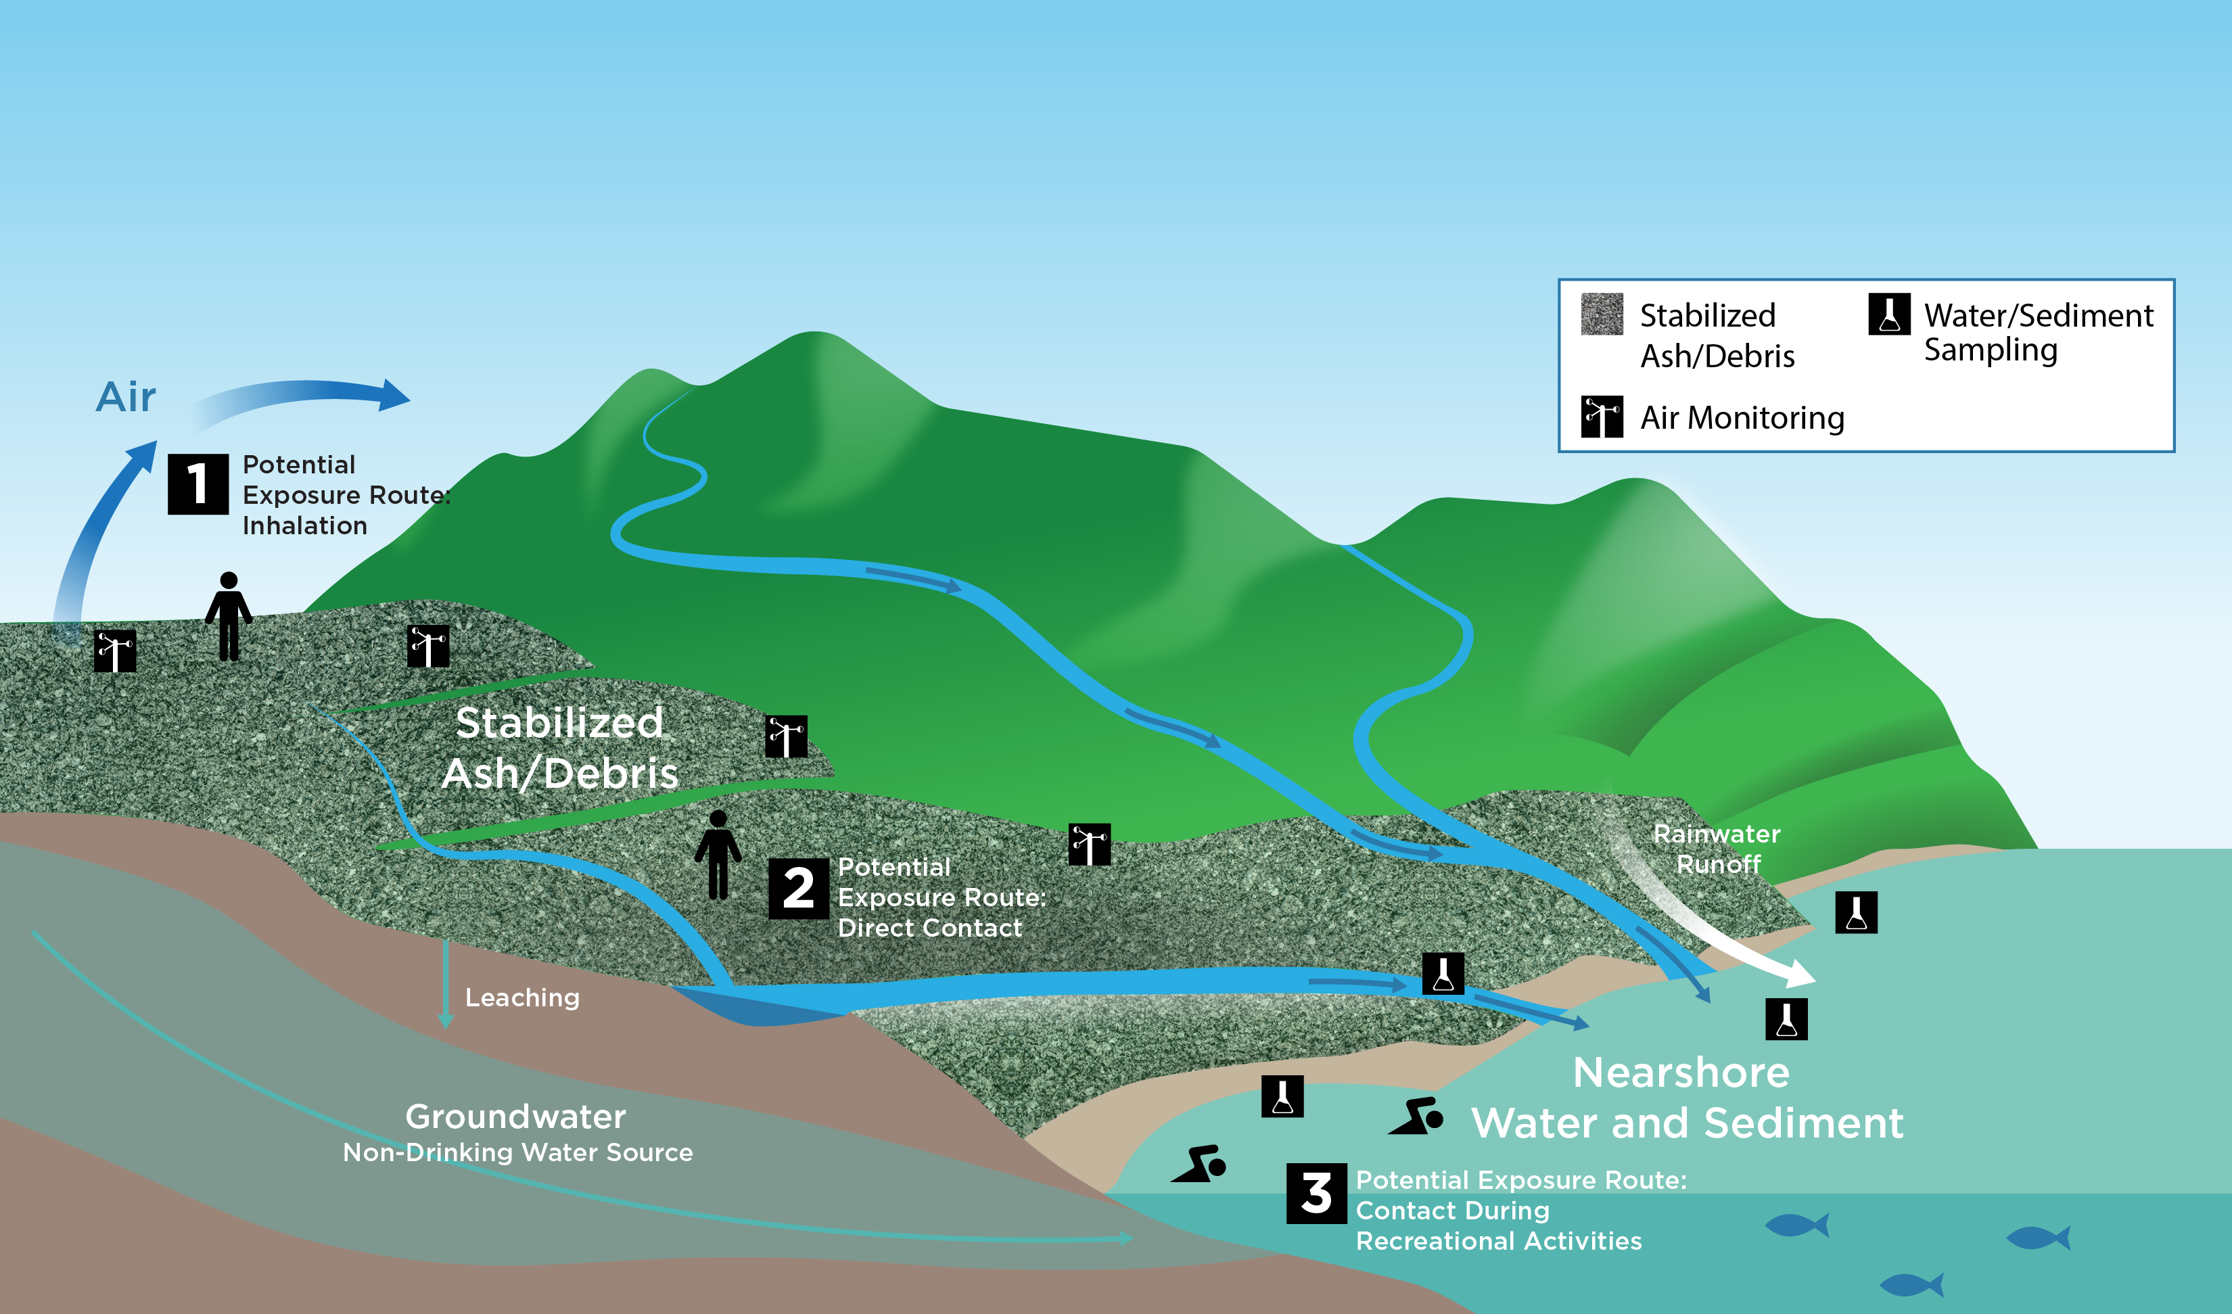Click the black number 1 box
[x=197, y=484]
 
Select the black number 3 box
[x=1316, y=1194]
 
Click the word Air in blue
[x=126, y=397]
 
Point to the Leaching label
[x=521, y=998]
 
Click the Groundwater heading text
[x=515, y=1117]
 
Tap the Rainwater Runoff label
[x=1717, y=848]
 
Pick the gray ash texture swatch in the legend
[x=1602, y=314]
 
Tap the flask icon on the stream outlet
[x=1443, y=974]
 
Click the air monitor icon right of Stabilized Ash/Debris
[x=786, y=736]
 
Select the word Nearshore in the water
[x=1681, y=1073]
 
